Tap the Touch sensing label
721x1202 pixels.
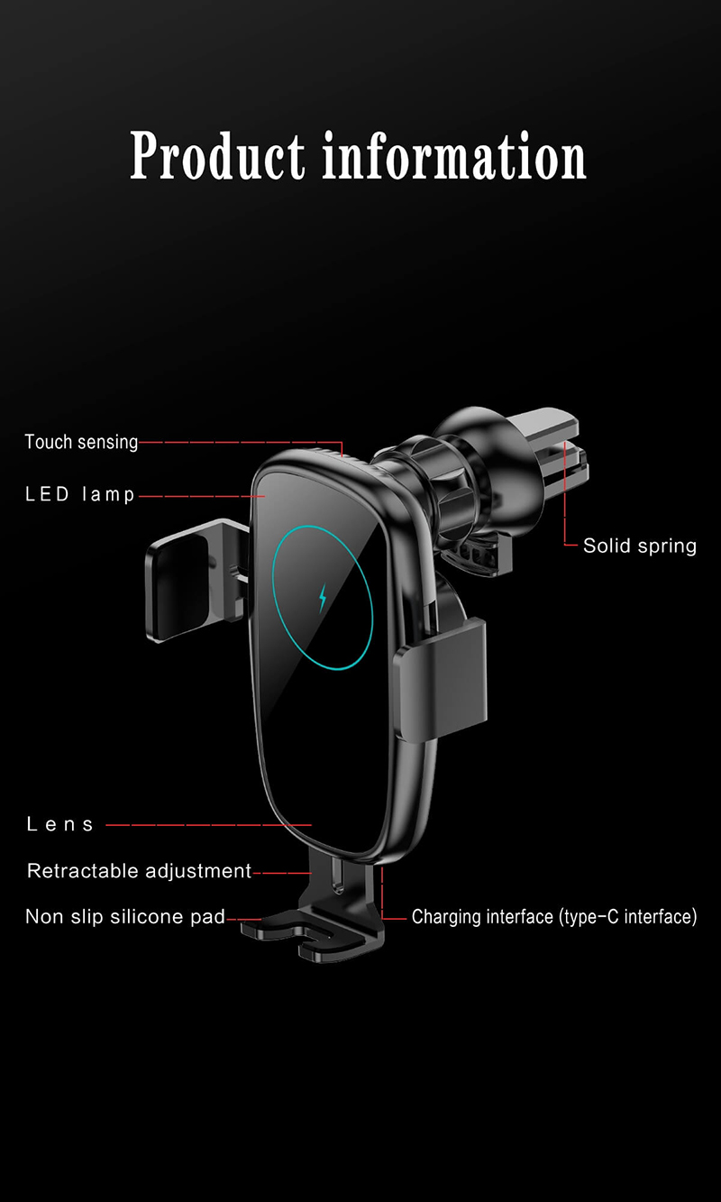tap(81, 442)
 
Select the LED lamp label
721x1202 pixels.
tap(79, 494)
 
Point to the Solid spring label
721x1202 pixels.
tap(640, 546)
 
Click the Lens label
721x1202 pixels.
tap(59, 824)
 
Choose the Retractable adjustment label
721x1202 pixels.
tap(139, 870)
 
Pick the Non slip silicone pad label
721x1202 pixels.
tap(125, 916)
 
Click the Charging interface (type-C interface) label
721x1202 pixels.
tap(554, 916)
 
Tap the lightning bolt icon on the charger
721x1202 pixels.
tap(323, 598)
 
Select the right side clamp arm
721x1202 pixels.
tap(441, 680)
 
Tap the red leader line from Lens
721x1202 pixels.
tap(209, 825)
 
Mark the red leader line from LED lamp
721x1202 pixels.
tap(202, 496)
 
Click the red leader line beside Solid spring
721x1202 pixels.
tap(565, 493)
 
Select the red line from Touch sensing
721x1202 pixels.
tap(241, 442)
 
